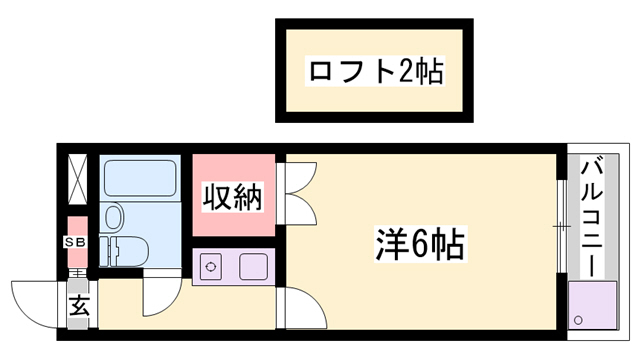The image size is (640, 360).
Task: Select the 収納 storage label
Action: click(x=234, y=196)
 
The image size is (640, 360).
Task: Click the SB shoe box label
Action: click(x=76, y=243)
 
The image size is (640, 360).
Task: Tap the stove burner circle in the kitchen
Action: click(x=211, y=267)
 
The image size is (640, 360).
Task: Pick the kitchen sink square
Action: click(x=251, y=267)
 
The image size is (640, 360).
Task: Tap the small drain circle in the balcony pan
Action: click(x=579, y=319)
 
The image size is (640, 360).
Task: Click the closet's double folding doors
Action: click(x=297, y=193)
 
